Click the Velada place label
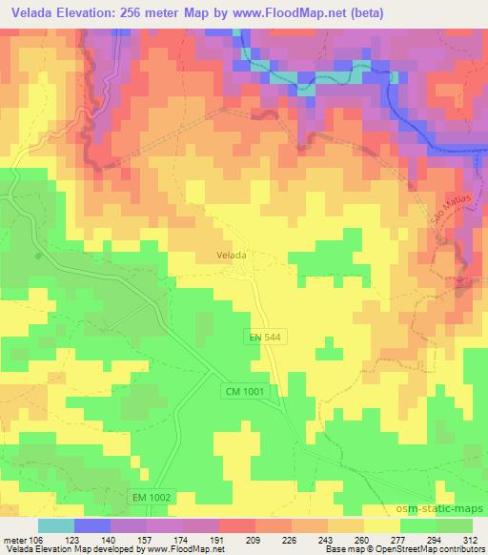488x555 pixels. (x=232, y=256)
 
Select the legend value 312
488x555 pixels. (x=468, y=538)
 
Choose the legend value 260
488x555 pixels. (x=362, y=538)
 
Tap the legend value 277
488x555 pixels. (x=397, y=538)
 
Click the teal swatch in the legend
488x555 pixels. (x=56, y=524)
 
